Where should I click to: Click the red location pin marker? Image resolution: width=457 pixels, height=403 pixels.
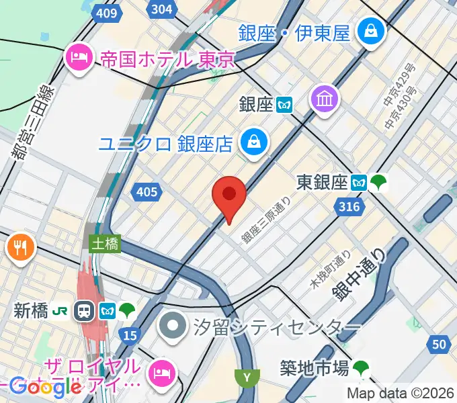pyautogui.click(x=229, y=195)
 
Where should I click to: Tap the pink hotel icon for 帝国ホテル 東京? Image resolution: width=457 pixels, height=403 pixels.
pyautogui.click(x=79, y=58)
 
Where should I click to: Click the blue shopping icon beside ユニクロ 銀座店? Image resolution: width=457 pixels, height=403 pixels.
pyautogui.click(x=255, y=142)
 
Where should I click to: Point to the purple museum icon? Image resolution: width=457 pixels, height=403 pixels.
pyautogui.click(x=325, y=99)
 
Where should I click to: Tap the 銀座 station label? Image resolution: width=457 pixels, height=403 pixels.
pyautogui.click(x=256, y=104)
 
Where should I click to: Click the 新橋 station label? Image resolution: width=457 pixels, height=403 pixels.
pyautogui.click(x=31, y=310)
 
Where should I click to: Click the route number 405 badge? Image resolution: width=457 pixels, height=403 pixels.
pyautogui.click(x=146, y=193)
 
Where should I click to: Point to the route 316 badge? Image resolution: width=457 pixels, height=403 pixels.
pyautogui.click(x=349, y=207)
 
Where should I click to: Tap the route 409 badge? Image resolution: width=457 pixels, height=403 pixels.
pyautogui.click(x=106, y=13)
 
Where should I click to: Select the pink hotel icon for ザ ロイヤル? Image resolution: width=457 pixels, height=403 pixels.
pyautogui.click(x=163, y=371)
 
